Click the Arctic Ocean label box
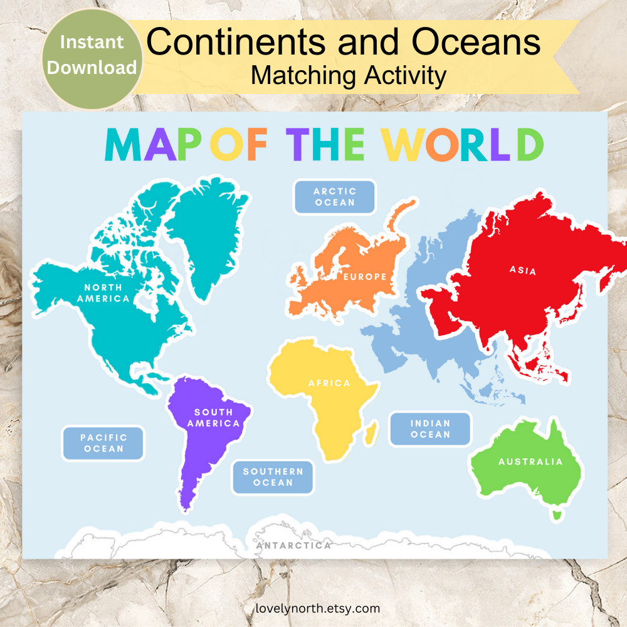(x=335, y=197)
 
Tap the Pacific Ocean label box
(x=103, y=443)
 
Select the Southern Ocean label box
(x=273, y=477)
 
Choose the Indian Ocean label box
(x=430, y=429)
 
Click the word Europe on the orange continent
(x=365, y=277)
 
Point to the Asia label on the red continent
(x=523, y=271)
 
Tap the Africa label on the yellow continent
(x=329, y=383)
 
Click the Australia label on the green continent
(x=530, y=462)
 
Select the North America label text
(x=103, y=293)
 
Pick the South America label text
(x=213, y=418)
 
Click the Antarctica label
(x=293, y=545)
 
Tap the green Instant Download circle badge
(x=92, y=55)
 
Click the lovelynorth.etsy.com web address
(x=317, y=608)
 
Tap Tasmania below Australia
(x=554, y=515)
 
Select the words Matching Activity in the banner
(x=348, y=76)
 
